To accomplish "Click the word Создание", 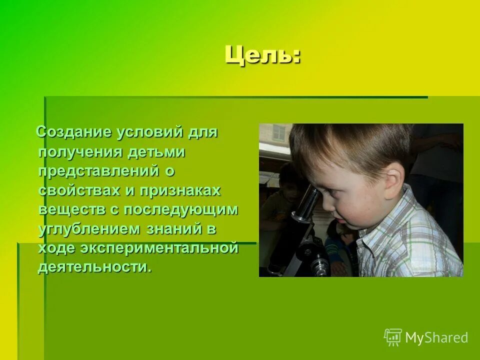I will [74, 133].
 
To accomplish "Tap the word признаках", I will [179, 190].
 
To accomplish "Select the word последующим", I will [180, 209].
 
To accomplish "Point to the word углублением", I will [89, 229].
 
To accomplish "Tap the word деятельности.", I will [94, 267].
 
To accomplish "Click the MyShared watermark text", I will [436, 338].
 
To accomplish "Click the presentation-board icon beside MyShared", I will [392, 337].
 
